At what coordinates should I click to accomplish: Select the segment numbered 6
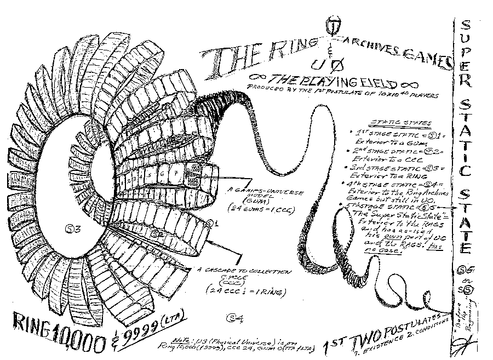[162, 175]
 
